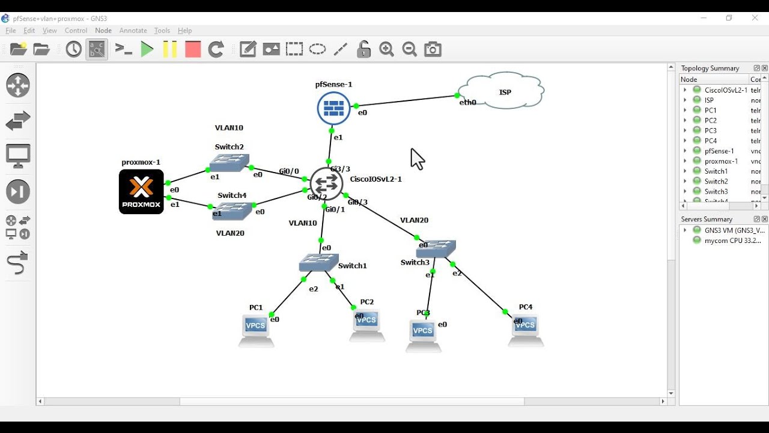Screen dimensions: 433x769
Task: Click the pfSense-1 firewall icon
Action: (x=333, y=108)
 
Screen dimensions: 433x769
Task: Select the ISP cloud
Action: (x=503, y=91)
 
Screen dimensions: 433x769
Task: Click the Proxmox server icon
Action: (x=141, y=191)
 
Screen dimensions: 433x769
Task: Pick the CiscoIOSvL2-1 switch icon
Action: (x=326, y=183)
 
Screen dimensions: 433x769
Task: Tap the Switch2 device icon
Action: (x=229, y=162)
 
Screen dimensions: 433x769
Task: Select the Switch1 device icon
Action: (x=318, y=262)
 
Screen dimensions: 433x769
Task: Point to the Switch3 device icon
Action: (x=436, y=248)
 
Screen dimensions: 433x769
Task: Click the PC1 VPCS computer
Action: (x=256, y=330)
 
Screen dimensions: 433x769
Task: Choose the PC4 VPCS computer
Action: (x=526, y=330)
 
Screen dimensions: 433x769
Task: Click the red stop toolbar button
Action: (x=193, y=49)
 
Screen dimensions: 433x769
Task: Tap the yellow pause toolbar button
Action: (x=170, y=49)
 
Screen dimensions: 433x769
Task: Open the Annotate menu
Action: (x=133, y=31)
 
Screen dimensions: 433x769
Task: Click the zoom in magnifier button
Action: (x=386, y=49)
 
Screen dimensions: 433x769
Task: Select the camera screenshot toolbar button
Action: (x=433, y=49)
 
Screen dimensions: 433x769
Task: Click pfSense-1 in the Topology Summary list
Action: (x=719, y=151)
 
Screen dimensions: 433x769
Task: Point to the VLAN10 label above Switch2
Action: (x=229, y=128)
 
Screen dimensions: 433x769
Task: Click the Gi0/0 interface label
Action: (x=289, y=171)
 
